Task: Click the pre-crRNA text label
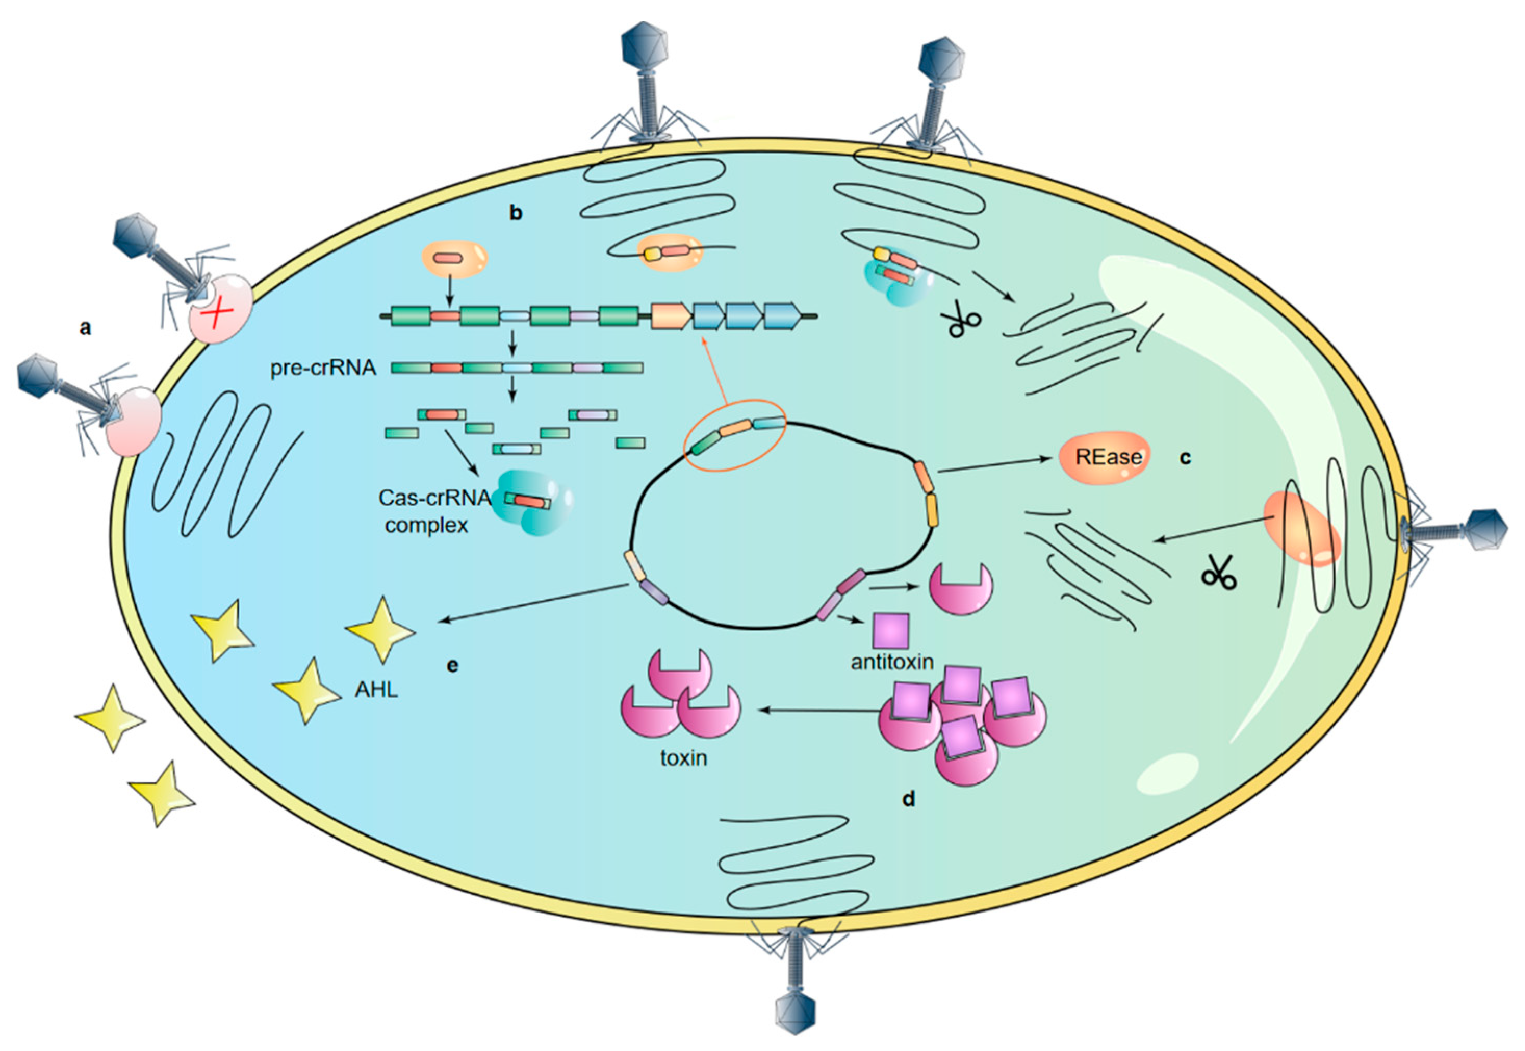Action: pos(323,368)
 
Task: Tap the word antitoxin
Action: pos(892,661)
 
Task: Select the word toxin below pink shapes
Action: pos(684,758)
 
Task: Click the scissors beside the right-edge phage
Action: pos(1219,572)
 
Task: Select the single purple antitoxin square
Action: pos(891,630)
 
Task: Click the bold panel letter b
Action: pos(516,213)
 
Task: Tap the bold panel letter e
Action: pos(452,666)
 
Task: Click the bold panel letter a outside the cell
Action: pos(85,327)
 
